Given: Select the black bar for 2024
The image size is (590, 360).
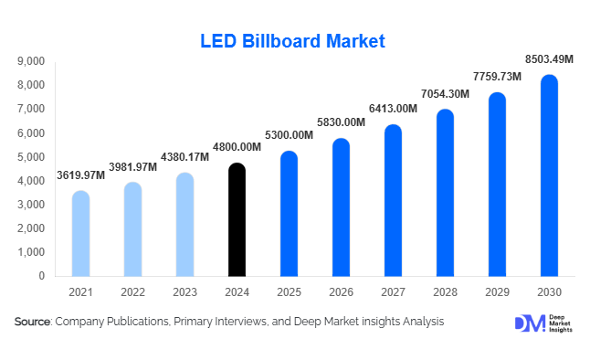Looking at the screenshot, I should [237, 219].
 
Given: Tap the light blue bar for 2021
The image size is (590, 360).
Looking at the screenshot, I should [80, 233].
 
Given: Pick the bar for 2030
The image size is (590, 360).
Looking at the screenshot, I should [549, 175].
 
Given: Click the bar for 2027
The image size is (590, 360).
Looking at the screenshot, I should [393, 200].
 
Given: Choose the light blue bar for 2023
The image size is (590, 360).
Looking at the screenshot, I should [184, 224].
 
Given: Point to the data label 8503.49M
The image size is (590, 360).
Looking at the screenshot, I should [548, 59].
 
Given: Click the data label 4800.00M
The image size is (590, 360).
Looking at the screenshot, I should [236, 148].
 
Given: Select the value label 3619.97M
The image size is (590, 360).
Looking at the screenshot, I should [80, 175].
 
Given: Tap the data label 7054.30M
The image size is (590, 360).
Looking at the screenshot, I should [445, 94].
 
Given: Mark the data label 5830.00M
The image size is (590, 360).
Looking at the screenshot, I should [340, 123].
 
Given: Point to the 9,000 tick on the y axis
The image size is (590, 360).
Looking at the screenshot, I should [31, 61].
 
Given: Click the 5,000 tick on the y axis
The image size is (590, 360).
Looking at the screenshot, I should [31, 157].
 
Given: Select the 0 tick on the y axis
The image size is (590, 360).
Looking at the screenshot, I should [42, 276].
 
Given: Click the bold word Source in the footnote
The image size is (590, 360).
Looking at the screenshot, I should [32, 322].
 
